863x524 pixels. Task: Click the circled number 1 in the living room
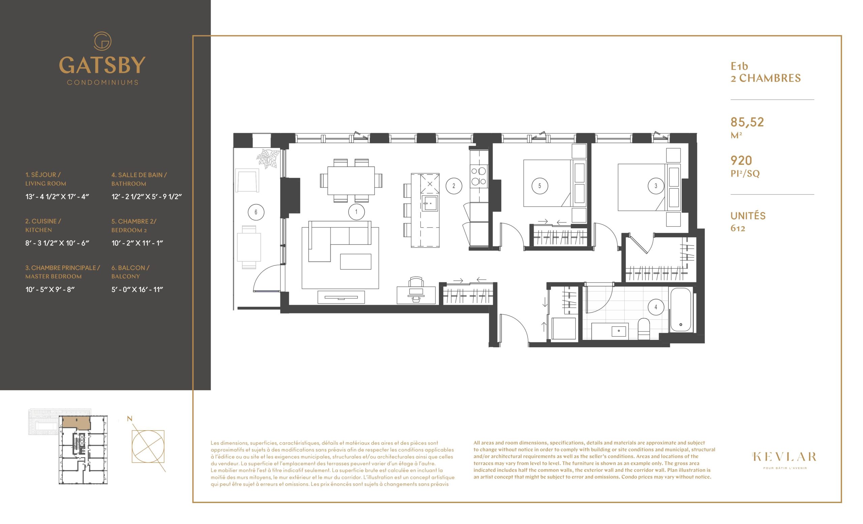[356, 211]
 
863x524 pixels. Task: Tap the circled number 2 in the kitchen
[453, 186]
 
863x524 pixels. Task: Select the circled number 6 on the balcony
[256, 212]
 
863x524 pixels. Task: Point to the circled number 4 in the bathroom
[656, 307]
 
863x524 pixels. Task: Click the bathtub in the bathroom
[681, 310]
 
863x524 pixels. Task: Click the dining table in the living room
[351, 180]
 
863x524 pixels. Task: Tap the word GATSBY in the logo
[102, 65]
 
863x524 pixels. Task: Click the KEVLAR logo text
[784, 457]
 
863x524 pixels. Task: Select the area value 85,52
[747, 122]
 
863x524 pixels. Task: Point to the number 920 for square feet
[741, 161]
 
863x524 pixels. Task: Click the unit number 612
[738, 228]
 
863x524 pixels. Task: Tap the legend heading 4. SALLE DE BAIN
[139, 175]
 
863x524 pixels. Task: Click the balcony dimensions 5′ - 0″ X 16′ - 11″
[137, 290]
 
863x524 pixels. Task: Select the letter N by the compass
[129, 418]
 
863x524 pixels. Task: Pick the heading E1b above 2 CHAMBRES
[739, 66]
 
